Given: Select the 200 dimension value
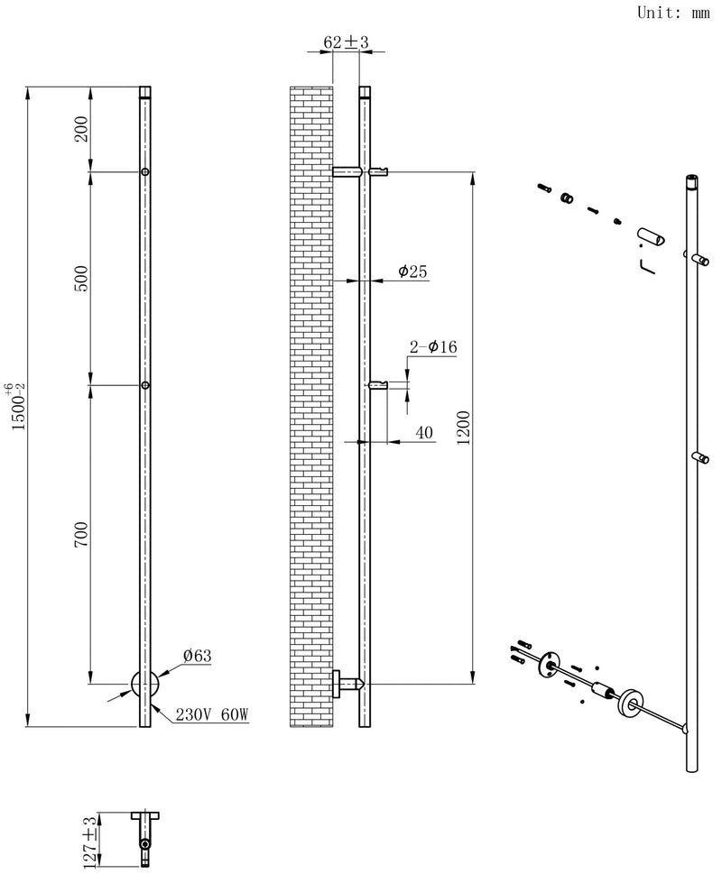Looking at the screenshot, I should (x=81, y=130).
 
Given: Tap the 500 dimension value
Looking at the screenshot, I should (x=81, y=278).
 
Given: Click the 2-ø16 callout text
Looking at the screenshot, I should (x=434, y=347).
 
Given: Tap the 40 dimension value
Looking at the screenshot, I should (x=424, y=433).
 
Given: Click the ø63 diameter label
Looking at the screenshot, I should (x=196, y=657).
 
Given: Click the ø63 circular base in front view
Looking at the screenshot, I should (x=145, y=684).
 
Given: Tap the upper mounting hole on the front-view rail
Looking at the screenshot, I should (x=145, y=171).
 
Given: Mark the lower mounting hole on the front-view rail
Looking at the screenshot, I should (x=145, y=386).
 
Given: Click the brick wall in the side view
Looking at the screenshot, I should (x=310, y=406).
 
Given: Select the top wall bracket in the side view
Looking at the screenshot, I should (x=348, y=171).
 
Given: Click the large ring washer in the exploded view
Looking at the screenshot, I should (x=629, y=701).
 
